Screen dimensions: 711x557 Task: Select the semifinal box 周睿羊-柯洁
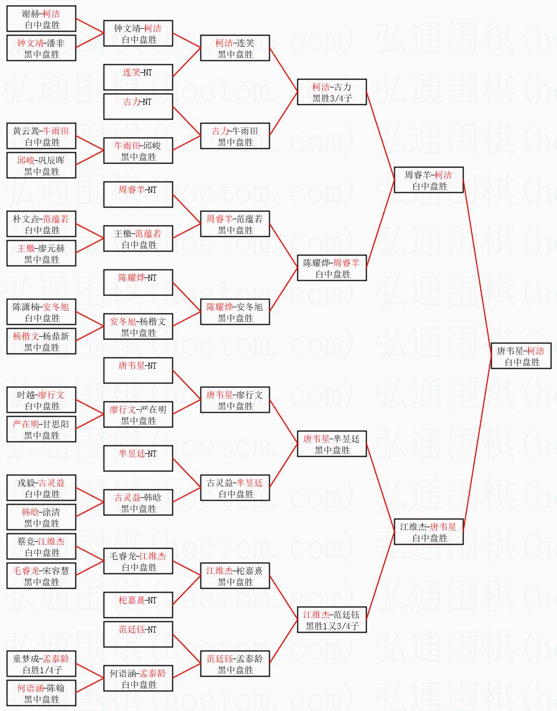point(429,180)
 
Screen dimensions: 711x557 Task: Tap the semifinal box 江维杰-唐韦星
point(429,532)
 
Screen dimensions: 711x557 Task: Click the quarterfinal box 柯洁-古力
point(332,92)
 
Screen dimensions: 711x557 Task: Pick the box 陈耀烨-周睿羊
point(332,268)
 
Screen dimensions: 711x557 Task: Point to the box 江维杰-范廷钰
point(332,620)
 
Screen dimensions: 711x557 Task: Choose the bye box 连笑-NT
point(138,77)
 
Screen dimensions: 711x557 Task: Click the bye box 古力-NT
point(138,107)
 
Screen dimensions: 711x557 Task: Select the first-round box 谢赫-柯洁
point(42,19)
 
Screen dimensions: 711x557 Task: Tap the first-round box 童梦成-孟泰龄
point(42,664)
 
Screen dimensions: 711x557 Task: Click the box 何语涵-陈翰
point(42,694)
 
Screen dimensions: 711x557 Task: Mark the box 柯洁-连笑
point(235,48)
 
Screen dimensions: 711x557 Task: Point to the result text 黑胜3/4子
point(332,98)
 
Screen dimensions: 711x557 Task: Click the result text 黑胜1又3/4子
point(332,626)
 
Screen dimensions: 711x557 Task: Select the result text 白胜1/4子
point(42,670)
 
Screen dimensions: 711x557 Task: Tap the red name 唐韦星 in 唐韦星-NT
point(131,366)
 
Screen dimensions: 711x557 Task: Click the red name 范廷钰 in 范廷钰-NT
point(131,630)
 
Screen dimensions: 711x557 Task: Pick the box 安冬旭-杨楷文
point(138,327)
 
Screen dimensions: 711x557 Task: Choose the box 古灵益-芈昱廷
point(235,488)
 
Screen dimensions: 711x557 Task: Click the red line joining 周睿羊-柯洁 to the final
point(477,268)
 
